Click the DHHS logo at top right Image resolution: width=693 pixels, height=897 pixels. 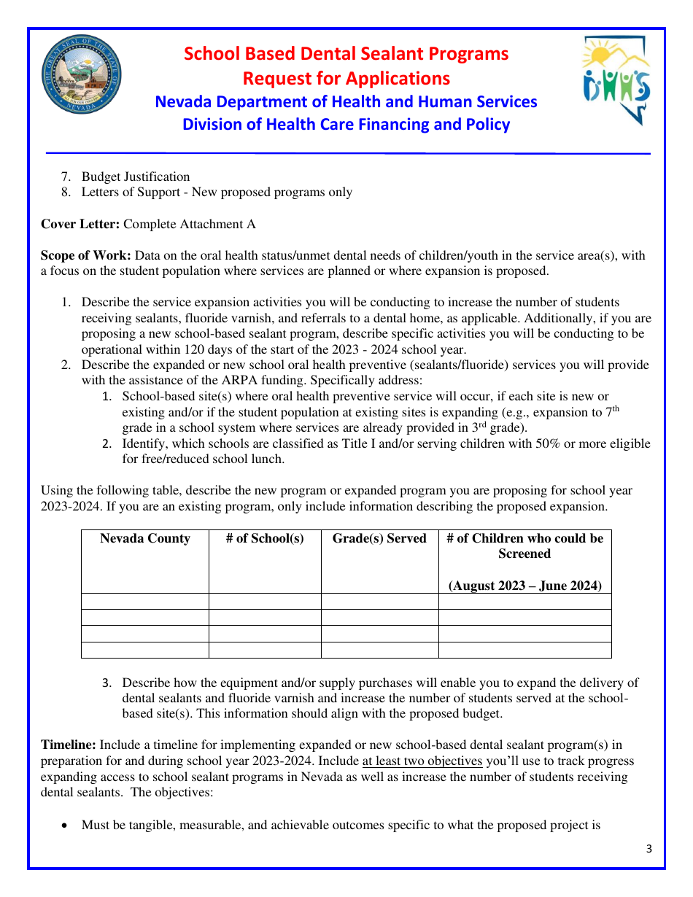616,81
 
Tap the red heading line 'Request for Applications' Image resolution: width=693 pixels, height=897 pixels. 346,78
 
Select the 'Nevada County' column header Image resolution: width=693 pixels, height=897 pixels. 144,539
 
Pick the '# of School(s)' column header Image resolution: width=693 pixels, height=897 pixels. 265,539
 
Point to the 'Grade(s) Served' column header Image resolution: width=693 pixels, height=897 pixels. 379,539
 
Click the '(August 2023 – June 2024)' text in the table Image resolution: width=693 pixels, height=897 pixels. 524,586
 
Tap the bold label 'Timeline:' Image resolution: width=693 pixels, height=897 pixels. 69,745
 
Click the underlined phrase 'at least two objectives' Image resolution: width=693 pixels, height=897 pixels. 422,761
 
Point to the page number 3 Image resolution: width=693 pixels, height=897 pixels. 649,848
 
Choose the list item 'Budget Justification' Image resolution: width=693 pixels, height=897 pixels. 136,176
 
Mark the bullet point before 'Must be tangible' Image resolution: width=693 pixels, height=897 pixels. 67,826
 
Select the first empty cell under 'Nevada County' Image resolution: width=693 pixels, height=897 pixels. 144,601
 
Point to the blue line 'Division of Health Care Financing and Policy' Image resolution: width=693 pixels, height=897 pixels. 346,125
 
